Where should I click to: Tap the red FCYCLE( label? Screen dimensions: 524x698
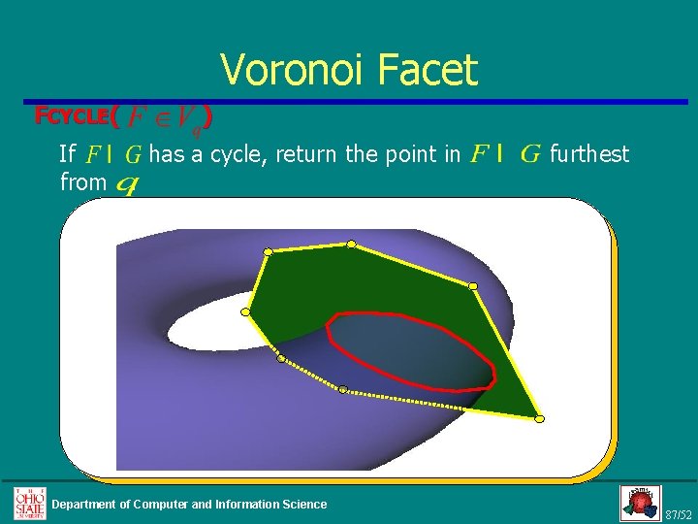click(76, 116)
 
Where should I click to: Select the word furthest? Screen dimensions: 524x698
click(588, 153)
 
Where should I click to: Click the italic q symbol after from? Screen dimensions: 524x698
click(125, 182)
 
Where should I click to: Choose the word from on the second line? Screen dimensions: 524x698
click(82, 180)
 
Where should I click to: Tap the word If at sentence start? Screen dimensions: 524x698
click(68, 153)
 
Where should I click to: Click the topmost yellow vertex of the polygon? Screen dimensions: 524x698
click(352, 244)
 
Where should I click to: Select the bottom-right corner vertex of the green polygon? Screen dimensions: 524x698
click(540, 418)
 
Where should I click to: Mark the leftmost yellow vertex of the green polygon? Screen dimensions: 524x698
click(246, 312)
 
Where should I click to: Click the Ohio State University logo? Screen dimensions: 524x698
click(29, 503)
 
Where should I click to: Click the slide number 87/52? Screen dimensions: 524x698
click(679, 513)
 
